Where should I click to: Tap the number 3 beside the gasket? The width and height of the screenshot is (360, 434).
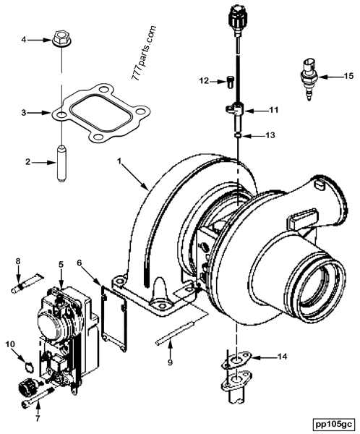point(24,113)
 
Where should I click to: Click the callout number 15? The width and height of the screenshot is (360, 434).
point(348,75)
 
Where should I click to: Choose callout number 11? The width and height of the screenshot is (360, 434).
point(274,110)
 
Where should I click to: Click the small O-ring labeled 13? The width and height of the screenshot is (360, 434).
point(236,134)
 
